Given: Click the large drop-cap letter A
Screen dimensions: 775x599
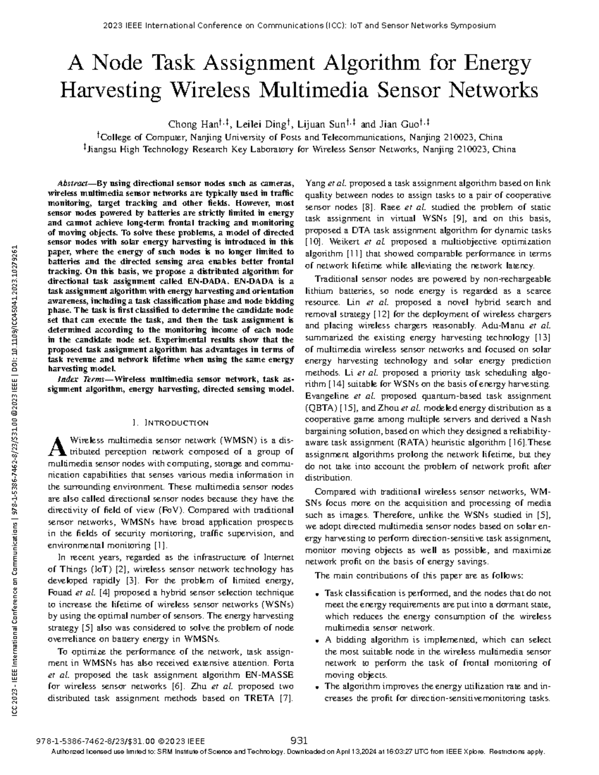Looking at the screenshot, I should tap(57, 445).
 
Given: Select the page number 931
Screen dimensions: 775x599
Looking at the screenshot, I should tap(299, 741).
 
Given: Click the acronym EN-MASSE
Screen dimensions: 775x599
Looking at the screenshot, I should tap(270, 675).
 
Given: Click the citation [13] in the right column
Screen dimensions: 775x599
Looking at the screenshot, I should tap(542, 338).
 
